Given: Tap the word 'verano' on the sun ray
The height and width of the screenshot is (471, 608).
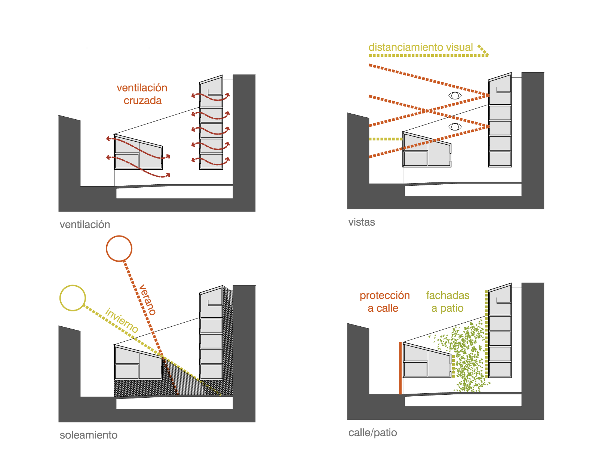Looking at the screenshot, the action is pos(147,300).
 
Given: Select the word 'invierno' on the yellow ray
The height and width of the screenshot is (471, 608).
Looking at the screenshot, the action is pos(122,320).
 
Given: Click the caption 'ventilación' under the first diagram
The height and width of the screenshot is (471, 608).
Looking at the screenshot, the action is pos(85,225).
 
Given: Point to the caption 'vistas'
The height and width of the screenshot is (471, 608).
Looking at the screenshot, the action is pos(362,222).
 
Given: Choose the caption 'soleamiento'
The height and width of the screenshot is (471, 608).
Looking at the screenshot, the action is pos(88,435).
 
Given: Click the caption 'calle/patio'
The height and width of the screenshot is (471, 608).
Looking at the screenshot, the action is pos(372,433).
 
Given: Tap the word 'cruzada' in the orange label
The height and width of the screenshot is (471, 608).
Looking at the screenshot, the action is pos(143,101).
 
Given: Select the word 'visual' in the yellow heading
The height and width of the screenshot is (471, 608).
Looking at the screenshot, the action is pos(459,47).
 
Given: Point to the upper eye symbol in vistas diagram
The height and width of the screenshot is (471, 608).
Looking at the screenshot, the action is pos(455,96).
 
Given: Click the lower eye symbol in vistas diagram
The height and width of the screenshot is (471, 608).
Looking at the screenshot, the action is pos(455,127).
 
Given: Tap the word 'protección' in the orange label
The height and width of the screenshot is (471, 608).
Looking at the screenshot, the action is pos(385,295).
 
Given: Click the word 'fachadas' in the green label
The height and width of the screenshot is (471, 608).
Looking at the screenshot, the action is pos(448,295).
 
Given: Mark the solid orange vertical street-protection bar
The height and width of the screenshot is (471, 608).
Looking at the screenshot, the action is pos(400,368).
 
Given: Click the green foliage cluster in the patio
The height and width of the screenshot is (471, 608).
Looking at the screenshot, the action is pos(464,358).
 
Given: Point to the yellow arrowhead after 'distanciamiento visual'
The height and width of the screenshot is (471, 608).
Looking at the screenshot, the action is pos(483,50).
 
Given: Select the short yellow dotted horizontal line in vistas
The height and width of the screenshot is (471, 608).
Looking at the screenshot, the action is pos(386,139).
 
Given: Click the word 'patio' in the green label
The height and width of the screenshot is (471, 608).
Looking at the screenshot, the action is pos(452,308).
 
